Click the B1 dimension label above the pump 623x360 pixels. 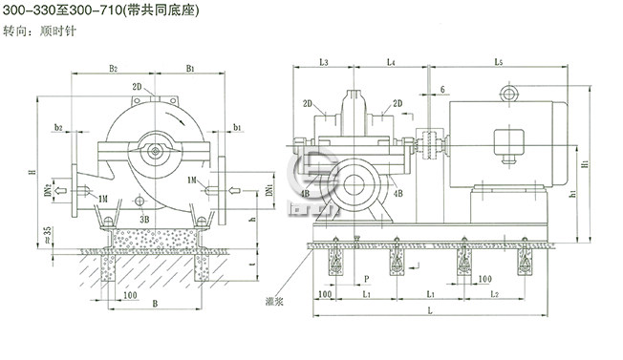191,68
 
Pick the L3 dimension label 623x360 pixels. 323,62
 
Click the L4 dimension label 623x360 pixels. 391,62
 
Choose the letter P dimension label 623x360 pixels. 367,280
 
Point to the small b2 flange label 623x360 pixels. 59,126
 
